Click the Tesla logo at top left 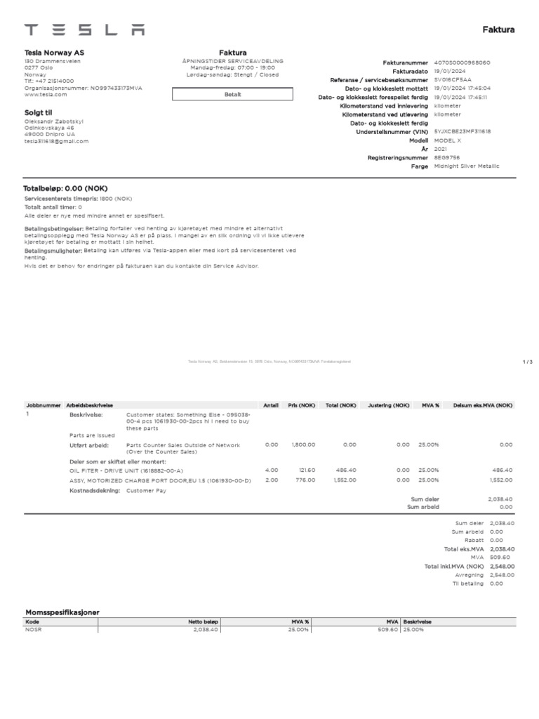tap(84, 29)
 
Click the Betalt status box tap(232, 94)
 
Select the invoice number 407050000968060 tap(463, 62)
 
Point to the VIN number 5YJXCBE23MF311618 tap(463, 131)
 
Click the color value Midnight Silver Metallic tap(467, 166)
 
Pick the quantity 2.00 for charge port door tap(271, 480)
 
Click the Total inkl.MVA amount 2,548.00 tap(502, 566)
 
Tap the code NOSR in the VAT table tap(33, 630)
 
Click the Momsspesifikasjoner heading tap(62, 612)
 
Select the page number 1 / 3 tap(528, 362)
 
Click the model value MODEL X tap(448, 140)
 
